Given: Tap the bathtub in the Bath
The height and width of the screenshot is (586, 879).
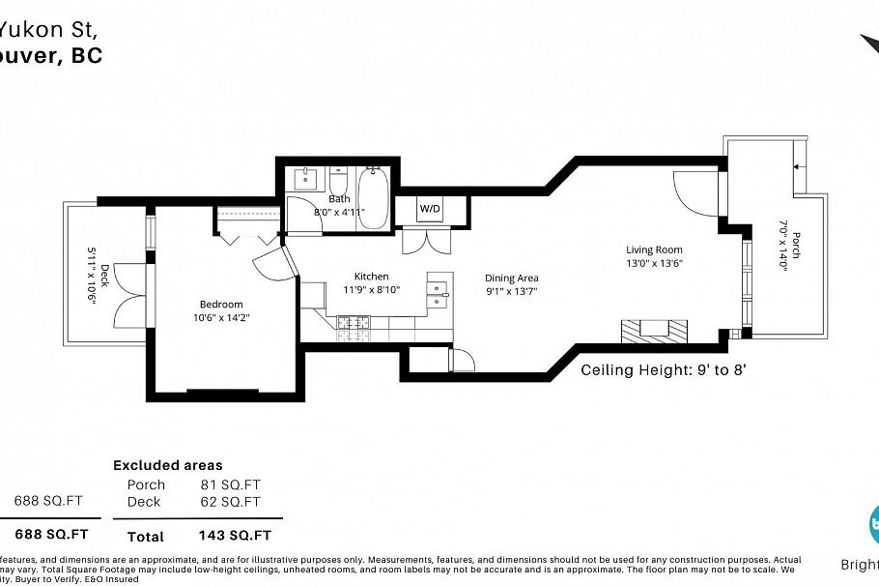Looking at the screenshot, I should (x=372, y=198).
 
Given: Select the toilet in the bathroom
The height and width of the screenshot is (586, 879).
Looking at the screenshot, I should (x=338, y=182).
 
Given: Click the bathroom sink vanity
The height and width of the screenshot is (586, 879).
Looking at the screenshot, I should (x=307, y=180).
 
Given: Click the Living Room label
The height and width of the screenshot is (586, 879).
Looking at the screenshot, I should (x=654, y=249).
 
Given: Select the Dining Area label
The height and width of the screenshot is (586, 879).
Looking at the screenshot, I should (x=511, y=278).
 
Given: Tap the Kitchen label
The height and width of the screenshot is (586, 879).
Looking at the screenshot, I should (x=371, y=277).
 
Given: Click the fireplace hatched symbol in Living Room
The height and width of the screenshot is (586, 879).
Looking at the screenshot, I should (x=654, y=331).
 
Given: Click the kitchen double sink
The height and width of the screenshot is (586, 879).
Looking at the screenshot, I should (x=439, y=293).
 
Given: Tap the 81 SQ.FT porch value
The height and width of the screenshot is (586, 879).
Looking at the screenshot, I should (x=231, y=484).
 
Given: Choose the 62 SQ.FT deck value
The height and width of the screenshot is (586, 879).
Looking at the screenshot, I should (x=231, y=502).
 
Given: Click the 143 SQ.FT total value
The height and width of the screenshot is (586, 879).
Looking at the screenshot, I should (x=235, y=536).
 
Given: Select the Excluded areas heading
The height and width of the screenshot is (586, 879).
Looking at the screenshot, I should (x=167, y=465).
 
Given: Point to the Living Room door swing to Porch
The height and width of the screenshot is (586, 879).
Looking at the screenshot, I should (x=694, y=190).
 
